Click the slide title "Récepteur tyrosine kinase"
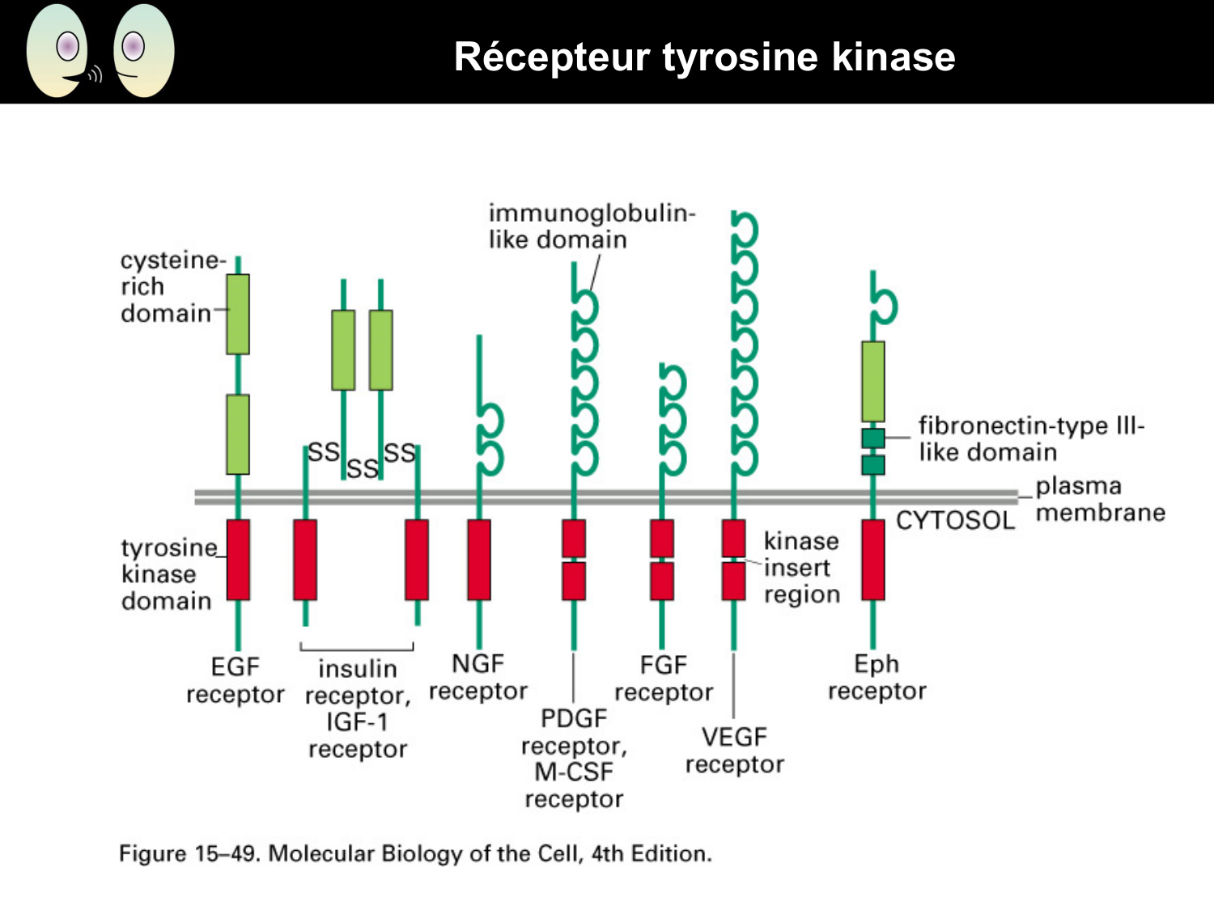tap(704, 57)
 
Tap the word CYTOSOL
tap(955, 520)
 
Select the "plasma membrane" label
tap(1100, 499)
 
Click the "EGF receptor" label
tap(236, 680)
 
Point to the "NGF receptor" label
tap(478, 677)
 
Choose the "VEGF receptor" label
tap(734, 751)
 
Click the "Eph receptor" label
tap(877, 677)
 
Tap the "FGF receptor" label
tap(664, 679)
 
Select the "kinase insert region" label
tap(801, 567)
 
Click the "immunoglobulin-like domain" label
tap(592, 226)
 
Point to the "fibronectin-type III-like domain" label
tap(1031, 438)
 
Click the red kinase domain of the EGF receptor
tap(238, 560)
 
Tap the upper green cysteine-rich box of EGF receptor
tap(238, 314)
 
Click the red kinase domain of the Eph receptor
tap(873, 560)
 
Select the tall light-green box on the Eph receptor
tap(873, 381)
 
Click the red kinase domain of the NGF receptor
tap(479, 560)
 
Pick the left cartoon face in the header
tap(59, 51)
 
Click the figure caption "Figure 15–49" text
tap(415, 853)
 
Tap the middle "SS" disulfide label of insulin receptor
tap(362, 468)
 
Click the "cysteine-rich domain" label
tap(170, 286)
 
